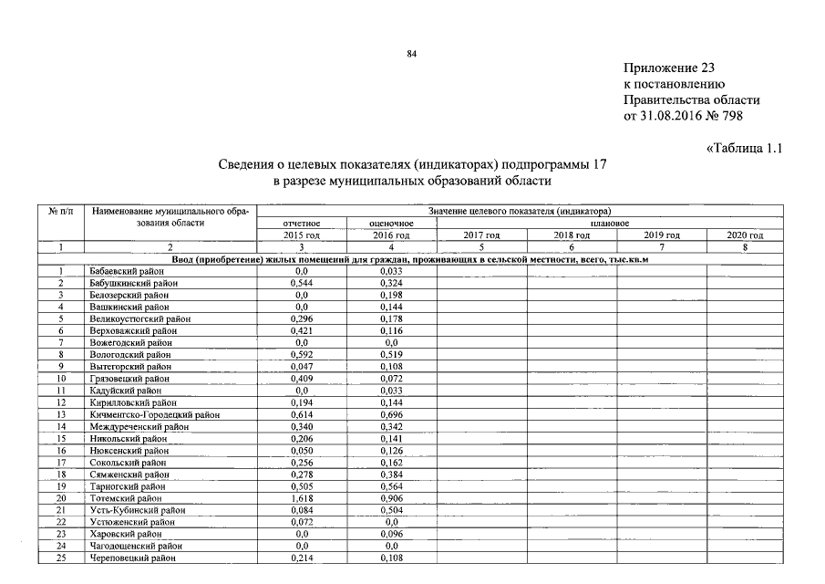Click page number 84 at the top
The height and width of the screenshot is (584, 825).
pyautogui.click(x=411, y=55)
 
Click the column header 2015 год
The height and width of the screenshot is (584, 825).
pyautogui.click(x=302, y=235)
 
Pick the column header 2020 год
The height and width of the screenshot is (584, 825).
pyautogui.click(x=745, y=235)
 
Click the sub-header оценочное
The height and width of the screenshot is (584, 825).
pyautogui.click(x=392, y=224)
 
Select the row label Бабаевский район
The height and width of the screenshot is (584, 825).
pyautogui.click(x=127, y=271)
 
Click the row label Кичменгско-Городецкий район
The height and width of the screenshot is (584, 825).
pyautogui.click(x=156, y=414)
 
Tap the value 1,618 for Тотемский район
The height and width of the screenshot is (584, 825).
pyautogui.click(x=301, y=498)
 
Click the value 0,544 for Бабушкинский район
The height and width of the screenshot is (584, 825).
pyautogui.click(x=301, y=283)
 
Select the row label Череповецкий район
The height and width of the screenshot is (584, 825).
pyautogui.click(x=132, y=558)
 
